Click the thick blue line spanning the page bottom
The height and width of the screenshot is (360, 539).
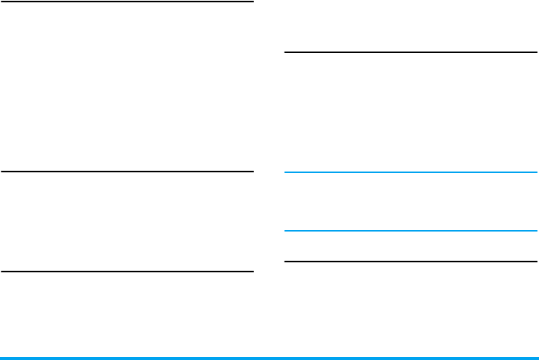[269, 358]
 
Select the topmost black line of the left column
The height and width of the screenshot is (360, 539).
[127, 2]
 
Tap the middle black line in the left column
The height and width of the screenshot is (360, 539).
[127, 172]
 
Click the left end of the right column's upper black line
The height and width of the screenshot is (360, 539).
[286, 52]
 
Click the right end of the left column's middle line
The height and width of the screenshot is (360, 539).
[251, 172]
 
